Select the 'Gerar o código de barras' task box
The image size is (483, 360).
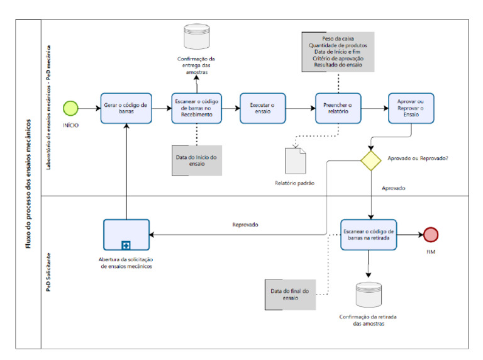(x=126, y=108)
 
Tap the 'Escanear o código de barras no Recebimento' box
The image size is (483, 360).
(x=197, y=108)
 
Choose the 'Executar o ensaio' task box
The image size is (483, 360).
(x=262, y=108)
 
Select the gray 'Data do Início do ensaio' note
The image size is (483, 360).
(x=197, y=160)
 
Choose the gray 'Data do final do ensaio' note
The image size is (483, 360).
(x=291, y=295)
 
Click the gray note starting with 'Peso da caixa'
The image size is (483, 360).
(x=338, y=52)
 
